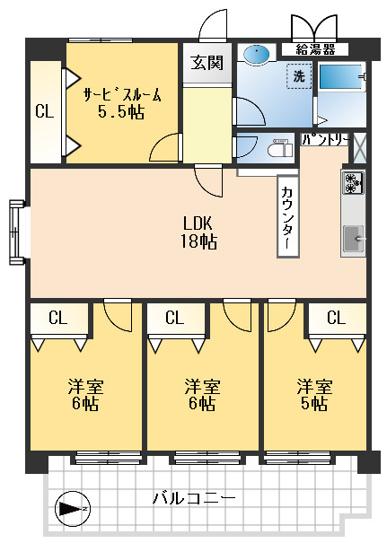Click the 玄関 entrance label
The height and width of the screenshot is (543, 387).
[x=207, y=63]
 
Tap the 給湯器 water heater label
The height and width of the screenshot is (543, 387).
[x=315, y=49]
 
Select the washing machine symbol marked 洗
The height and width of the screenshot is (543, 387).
[x=299, y=76]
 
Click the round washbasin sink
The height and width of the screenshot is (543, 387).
[x=257, y=55]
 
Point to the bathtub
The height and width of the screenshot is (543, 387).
[x=341, y=77]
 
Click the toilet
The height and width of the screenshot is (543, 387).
[x=281, y=148]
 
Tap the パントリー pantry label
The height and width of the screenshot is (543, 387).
[x=325, y=140]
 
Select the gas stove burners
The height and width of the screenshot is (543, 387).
[x=353, y=182]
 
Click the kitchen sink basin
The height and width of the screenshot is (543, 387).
[x=354, y=238]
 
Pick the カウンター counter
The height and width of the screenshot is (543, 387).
[x=288, y=216]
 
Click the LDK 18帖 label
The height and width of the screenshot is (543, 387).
[x=198, y=232]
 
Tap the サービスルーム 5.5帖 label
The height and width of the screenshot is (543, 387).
[x=122, y=103]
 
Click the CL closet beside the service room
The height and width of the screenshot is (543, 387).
[x=46, y=111]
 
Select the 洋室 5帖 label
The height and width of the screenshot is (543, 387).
[x=314, y=394]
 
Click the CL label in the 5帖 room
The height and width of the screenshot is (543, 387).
[x=336, y=317]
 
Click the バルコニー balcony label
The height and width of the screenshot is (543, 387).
[x=194, y=499]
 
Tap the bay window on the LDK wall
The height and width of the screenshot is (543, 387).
[x=17, y=232]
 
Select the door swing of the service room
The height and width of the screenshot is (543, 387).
[x=165, y=147]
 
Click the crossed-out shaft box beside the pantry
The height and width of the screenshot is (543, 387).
[x=359, y=148]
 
